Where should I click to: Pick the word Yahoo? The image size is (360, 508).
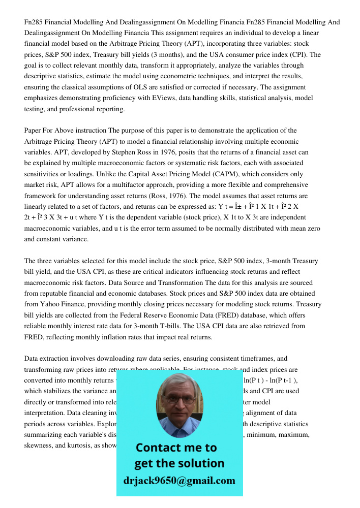(50, 304)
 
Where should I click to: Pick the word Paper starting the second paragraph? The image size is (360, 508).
(33, 130)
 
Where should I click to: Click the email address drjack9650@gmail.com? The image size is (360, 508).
(179, 481)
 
